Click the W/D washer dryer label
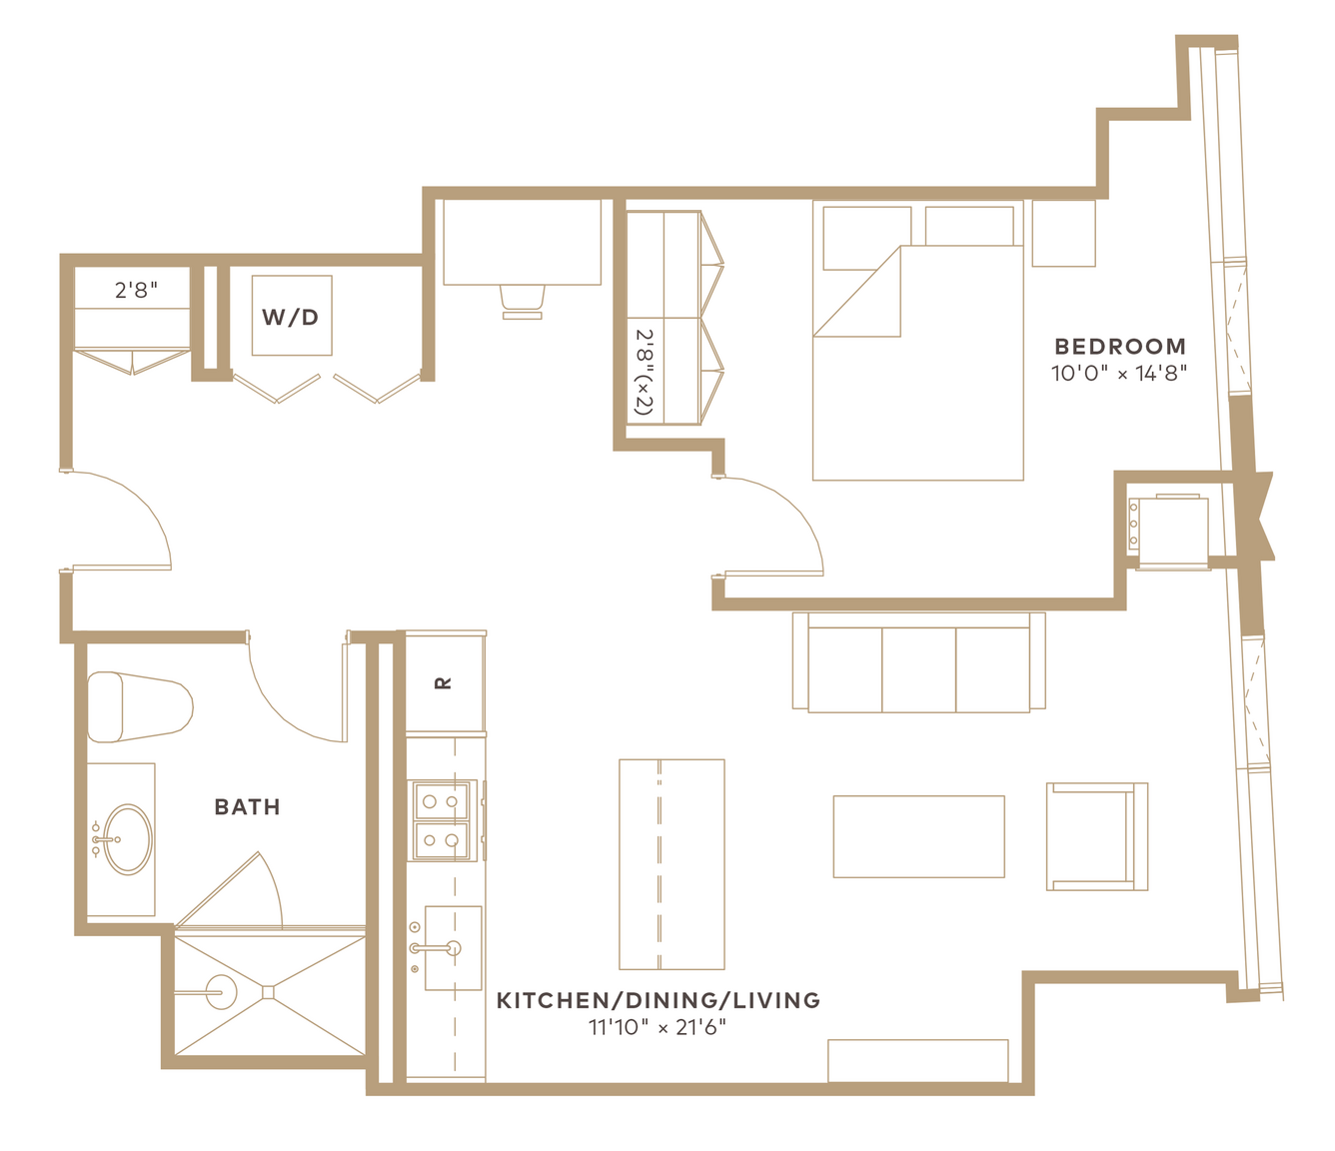click(x=291, y=317)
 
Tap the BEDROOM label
click(x=1120, y=347)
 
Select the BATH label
click(x=248, y=807)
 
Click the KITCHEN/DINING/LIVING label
click(x=659, y=1000)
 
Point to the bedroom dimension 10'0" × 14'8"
click(x=1120, y=374)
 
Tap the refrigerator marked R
click(x=446, y=682)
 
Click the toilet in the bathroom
click(x=140, y=706)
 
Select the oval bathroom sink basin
click(x=128, y=839)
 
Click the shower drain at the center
click(x=269, y=992)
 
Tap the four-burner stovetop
click(x=442, y=821)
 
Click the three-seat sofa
click(x=918, y=662)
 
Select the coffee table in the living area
click(x=918, y=837)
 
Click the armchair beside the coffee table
click(x=1097, y=837)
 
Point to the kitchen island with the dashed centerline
click(x=671, y=864)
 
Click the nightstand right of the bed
click(x=1064, y=233)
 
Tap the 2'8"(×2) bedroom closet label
click(x=645, y=372)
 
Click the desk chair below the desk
click(x=523, y=302)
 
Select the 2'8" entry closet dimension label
click(x=136, y=291)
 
